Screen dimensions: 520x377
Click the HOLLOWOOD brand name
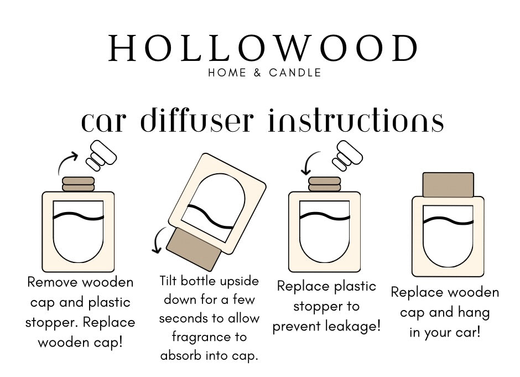click(263, 49)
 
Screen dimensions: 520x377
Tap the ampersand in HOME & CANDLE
click(258, 73)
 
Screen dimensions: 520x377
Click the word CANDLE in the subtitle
click(295, 73)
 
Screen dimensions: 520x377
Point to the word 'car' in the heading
click(104, 123)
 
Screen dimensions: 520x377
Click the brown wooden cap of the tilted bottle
click(194, 249)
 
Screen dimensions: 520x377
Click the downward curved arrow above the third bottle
click(309, 162)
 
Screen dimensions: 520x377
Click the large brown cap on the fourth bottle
click(448, 185)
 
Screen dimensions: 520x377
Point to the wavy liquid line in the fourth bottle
click(448, 221)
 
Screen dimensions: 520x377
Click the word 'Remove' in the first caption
click(53, 282)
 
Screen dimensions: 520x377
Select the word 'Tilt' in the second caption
click(168, 281)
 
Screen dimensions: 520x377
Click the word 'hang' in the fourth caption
click(474, 313)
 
